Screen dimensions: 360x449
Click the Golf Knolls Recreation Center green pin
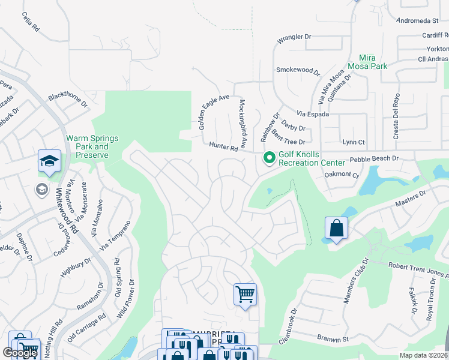270,158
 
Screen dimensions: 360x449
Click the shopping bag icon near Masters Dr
336,229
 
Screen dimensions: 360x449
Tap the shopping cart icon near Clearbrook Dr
245,295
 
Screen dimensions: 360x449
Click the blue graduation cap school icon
49,161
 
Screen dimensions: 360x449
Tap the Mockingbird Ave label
243,124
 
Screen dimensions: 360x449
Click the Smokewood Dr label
298,70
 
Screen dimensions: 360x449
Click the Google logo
20,353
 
